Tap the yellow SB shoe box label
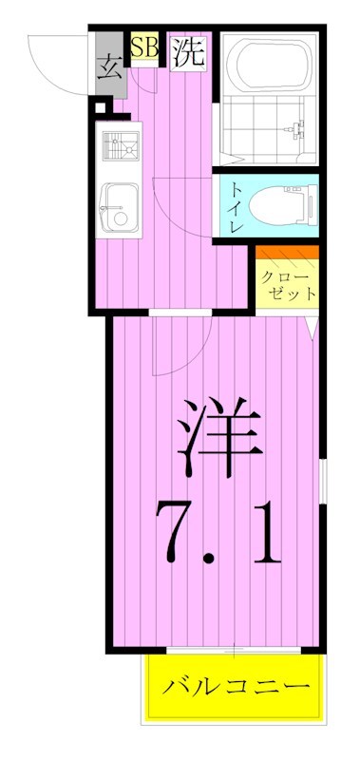pyautogui.click(x=144, y=47)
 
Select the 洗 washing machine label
pyautogui.click(x=188, y=53)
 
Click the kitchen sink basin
pyautogui.click(x=120, y=206)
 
